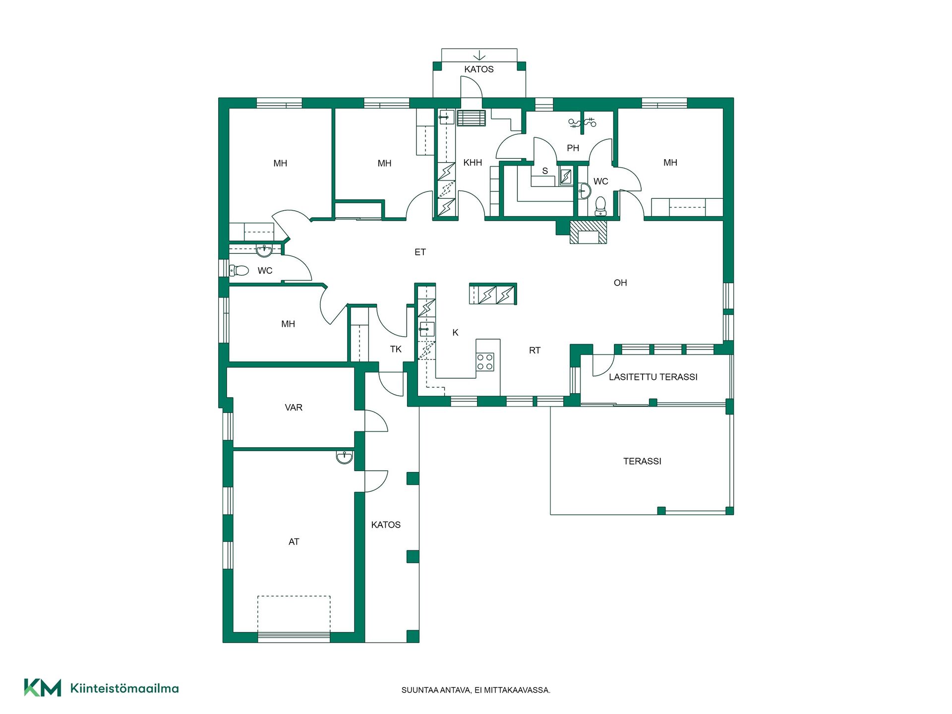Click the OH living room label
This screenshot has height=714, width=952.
click(620, 283)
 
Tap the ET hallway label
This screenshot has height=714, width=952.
click(420, 252)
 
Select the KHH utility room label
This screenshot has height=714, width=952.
click(473, 163)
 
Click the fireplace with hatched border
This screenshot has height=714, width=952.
click(588, 232)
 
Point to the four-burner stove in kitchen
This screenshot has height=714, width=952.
click(485, 361)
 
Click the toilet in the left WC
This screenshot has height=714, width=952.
click(239, 270)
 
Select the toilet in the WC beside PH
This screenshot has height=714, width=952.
click(600, 206)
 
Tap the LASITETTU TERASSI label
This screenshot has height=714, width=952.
click(653, 377)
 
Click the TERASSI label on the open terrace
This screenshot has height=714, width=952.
click(642, 461)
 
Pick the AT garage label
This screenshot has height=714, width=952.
click(294, 542)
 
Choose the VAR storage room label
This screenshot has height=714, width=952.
click(294, 408)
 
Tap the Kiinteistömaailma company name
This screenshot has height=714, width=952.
click(124, 688)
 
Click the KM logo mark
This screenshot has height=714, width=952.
click(43, 688)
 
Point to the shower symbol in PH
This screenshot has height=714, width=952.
click(582, 122)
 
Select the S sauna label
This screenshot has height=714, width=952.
click(545, 171)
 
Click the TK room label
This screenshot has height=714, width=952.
click(396, 349)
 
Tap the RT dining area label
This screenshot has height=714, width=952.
click(535, 350)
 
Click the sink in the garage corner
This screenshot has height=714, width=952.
click(344, 457)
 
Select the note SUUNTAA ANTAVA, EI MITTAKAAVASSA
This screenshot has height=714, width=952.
click(476, 690)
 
